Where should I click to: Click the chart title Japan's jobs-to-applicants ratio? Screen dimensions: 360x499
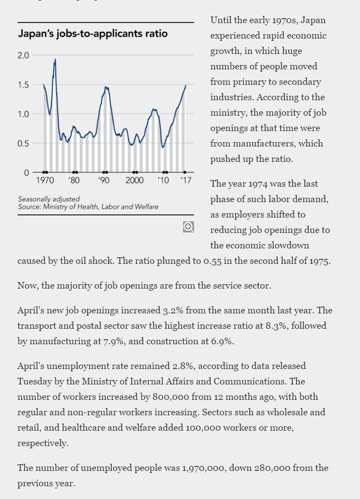93,34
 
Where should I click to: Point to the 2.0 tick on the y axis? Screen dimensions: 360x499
23,56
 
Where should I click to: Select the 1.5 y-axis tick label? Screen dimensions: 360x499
23,85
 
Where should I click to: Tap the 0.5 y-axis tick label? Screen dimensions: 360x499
23,144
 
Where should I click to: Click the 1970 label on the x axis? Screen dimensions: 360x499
45,181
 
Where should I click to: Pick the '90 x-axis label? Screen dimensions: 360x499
104,181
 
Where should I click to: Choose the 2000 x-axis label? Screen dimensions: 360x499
135,181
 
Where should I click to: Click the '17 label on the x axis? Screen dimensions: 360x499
186,181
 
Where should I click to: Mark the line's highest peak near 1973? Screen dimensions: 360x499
55,59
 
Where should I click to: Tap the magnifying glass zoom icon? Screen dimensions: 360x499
189,227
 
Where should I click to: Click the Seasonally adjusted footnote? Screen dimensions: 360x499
49,199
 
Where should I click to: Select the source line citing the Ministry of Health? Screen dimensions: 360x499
88,207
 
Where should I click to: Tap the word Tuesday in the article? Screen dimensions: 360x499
34,382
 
